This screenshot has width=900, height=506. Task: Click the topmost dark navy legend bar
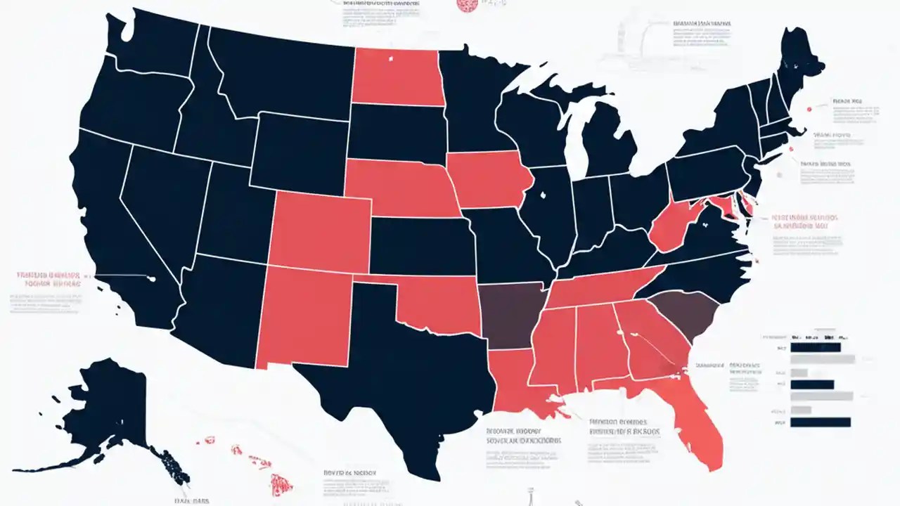(816, 347)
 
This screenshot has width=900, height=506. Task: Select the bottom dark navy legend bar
(821, 422)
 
